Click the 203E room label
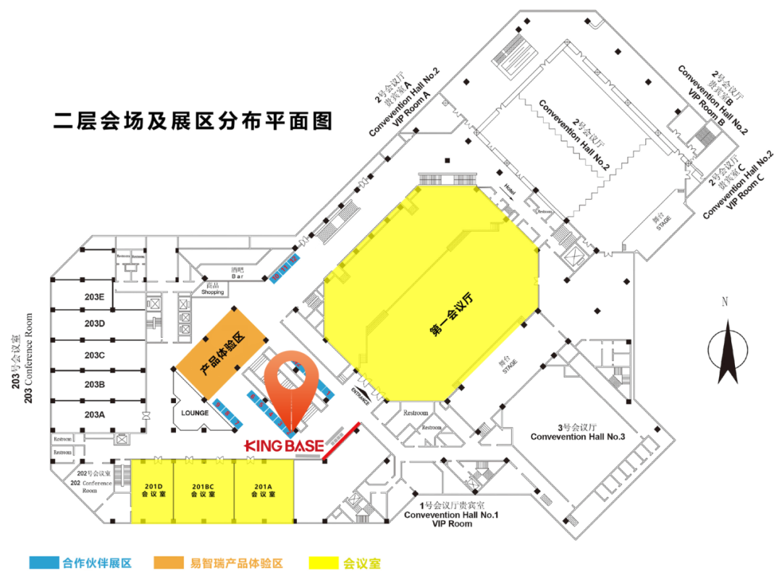coord(95,297)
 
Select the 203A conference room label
coord(95,415)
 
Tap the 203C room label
coord(95,355)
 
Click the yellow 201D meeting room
coord(152,490)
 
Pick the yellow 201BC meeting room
coord(203,490)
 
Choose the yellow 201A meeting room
coord(263,490)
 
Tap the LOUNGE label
coord(195,413)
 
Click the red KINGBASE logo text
coord(283,444)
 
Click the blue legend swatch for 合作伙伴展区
coord(43,562)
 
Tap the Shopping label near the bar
coord(214,292)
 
